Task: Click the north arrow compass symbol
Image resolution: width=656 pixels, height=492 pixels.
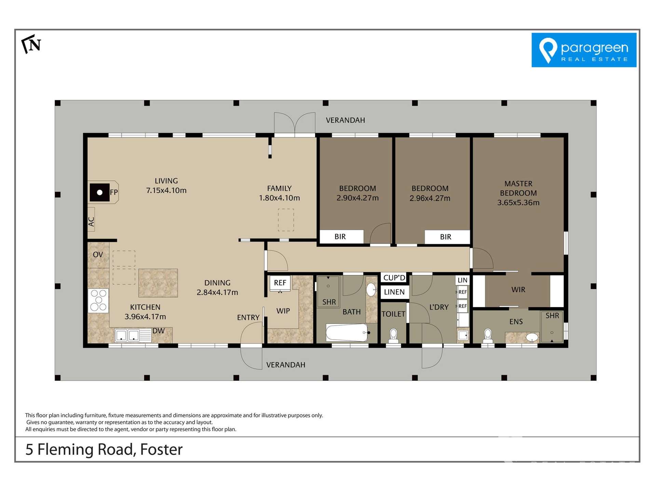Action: click(31, 44)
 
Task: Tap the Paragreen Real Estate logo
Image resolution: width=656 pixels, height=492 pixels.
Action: click(584, 50)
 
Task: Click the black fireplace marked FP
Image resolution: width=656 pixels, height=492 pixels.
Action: click(99, 192)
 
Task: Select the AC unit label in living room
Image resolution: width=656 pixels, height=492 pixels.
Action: click(91, 222)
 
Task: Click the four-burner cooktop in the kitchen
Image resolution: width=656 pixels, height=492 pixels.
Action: click(98, 300)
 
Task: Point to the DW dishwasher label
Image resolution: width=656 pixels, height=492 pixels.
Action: click(158, 331)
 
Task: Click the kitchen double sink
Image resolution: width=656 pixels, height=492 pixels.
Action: click(127, 335)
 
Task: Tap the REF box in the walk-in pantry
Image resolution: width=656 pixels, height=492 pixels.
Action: click(280, 283)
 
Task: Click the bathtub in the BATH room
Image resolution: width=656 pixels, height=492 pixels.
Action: click(346, 332)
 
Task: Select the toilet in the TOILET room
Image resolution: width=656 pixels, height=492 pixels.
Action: click(393, 336)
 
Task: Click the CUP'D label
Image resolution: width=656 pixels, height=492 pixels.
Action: click(394, 278)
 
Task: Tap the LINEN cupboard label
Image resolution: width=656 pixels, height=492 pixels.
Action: click(394, 292)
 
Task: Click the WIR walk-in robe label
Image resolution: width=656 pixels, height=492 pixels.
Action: click(518, 290)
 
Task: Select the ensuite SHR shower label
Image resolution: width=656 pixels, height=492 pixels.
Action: click(552, 316)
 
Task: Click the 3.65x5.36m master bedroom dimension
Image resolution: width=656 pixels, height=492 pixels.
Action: click(518, 203)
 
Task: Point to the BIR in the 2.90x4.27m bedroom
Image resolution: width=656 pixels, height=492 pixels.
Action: click(340, 236)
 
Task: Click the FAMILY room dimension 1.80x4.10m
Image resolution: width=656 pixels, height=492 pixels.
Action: click(279, 198)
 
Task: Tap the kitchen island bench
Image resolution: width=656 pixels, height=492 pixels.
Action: click(158, 283)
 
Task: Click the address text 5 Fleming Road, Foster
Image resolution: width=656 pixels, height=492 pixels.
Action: click(104, 449)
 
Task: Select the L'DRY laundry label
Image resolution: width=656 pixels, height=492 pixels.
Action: click(439, 307)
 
